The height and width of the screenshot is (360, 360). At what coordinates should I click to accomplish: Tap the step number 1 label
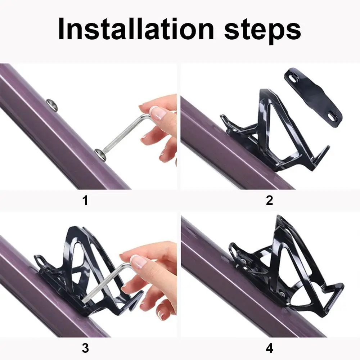[85, 200]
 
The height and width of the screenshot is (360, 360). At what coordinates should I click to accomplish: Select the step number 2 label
[269, 200]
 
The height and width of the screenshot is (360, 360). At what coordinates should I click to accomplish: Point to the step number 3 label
[85, 348]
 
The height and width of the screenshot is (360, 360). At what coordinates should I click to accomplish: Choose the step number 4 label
[269, 348]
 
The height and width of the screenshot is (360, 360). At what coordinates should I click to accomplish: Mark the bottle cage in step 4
[288, 266]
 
